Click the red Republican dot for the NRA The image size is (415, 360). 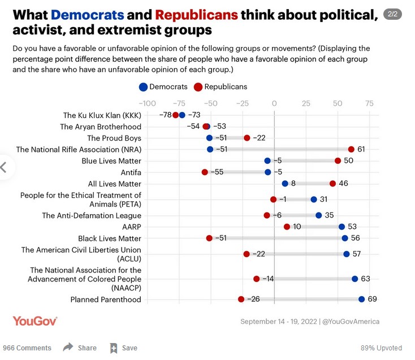(351, 149)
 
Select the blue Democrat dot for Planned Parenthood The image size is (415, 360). (361, 299)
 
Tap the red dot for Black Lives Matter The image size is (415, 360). (209, 238)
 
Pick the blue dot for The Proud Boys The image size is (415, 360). (209, 138)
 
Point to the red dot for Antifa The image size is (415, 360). (205, 172)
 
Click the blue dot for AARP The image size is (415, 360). (341, 227)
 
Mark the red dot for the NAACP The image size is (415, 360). (256, 279)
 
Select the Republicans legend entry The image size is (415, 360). (221, 86)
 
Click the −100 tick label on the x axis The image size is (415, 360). (146, 103)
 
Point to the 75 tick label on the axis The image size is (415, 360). (369, 103)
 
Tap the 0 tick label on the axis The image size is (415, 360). (274, 103)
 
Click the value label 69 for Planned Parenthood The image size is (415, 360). (372, 299)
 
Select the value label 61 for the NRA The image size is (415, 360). (361, 149)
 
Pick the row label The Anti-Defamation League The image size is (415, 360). (92, 215)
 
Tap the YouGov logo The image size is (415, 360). (35, 321)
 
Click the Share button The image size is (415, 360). (80, 348)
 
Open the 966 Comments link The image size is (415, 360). (27, 348)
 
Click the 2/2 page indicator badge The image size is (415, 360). (392, 14)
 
